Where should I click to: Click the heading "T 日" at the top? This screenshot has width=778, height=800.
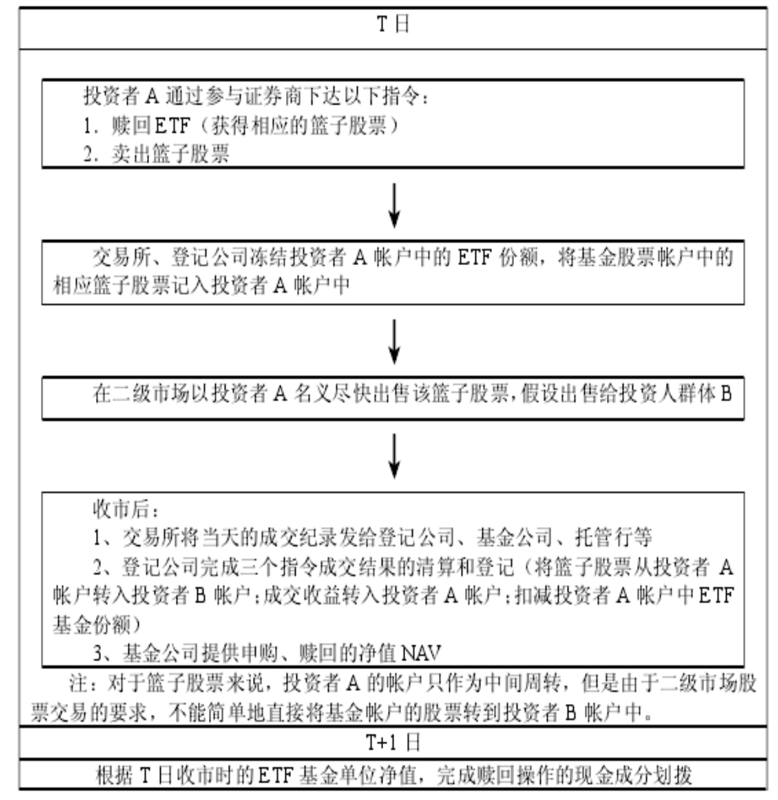click(392, 24)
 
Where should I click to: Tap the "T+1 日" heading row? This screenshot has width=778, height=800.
click(392, 743)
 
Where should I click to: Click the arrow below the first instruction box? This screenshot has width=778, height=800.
click(394, 206)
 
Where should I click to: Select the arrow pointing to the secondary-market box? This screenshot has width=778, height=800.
click(394, 341)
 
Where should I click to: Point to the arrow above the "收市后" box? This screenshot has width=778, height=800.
click(394, 456)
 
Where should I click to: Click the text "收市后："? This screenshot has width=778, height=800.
click(125, 509)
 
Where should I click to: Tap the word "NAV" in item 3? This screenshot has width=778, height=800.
click(420, 652)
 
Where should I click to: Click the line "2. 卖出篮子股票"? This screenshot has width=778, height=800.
click(156, 154)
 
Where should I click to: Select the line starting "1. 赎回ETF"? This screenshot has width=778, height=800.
click(241, 125)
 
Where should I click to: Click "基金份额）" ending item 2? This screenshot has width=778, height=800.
click(97, 624)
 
